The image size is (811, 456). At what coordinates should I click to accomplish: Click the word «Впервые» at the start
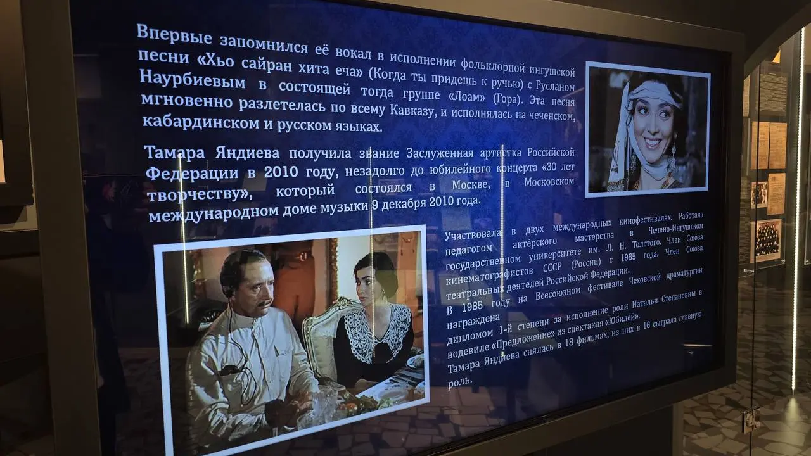tap(174, 34)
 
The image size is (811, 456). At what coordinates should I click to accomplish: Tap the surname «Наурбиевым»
tap(193, 80)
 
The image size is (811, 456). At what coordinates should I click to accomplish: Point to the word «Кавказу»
tap(412, 110)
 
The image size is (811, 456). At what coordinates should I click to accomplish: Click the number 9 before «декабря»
tap(375, 205)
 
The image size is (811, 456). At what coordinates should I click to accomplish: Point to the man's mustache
tap(264, 302)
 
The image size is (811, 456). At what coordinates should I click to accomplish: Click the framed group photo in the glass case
tap(766, 240)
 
